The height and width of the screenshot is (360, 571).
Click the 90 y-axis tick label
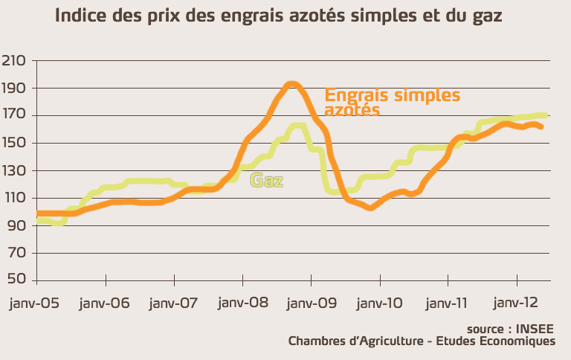16,225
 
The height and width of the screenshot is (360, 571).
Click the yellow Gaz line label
267,181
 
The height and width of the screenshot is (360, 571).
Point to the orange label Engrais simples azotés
392,103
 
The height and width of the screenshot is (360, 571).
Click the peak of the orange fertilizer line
291,84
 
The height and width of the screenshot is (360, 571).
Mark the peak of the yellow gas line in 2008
297,125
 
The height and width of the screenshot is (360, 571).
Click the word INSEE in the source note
537,328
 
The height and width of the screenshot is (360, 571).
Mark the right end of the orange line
541,126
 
